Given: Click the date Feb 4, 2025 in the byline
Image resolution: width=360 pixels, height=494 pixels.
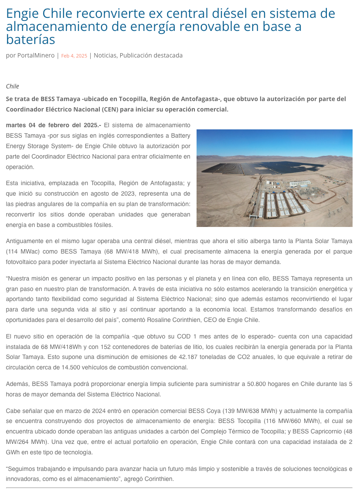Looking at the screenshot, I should (x=74, y=56).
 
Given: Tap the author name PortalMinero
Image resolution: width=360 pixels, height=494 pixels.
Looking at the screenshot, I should (x=36, y=55).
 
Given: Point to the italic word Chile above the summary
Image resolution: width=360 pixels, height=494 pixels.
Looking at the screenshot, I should (x=13, y=86).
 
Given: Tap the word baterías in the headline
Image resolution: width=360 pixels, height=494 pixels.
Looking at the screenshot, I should (x=31, y=40).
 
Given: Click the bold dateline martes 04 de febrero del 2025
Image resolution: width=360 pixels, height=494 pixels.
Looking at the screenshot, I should (x=53, y=125).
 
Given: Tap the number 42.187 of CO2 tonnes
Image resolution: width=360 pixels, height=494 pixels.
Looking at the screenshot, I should (x=190, y=357).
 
